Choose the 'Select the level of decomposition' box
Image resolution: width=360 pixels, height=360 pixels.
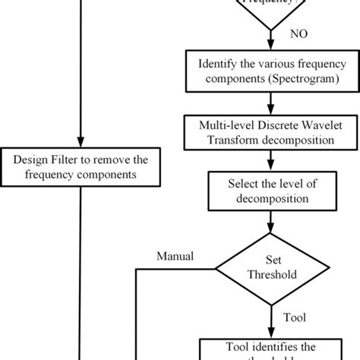tap(269, 190)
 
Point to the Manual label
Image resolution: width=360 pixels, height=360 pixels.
tap(175, 256)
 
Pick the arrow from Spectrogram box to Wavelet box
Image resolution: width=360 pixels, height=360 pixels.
tap(269, 100)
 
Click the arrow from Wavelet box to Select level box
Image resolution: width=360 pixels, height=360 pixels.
tap(269, 160)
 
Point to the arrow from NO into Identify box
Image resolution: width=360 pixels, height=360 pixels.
tap(269, 42)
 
